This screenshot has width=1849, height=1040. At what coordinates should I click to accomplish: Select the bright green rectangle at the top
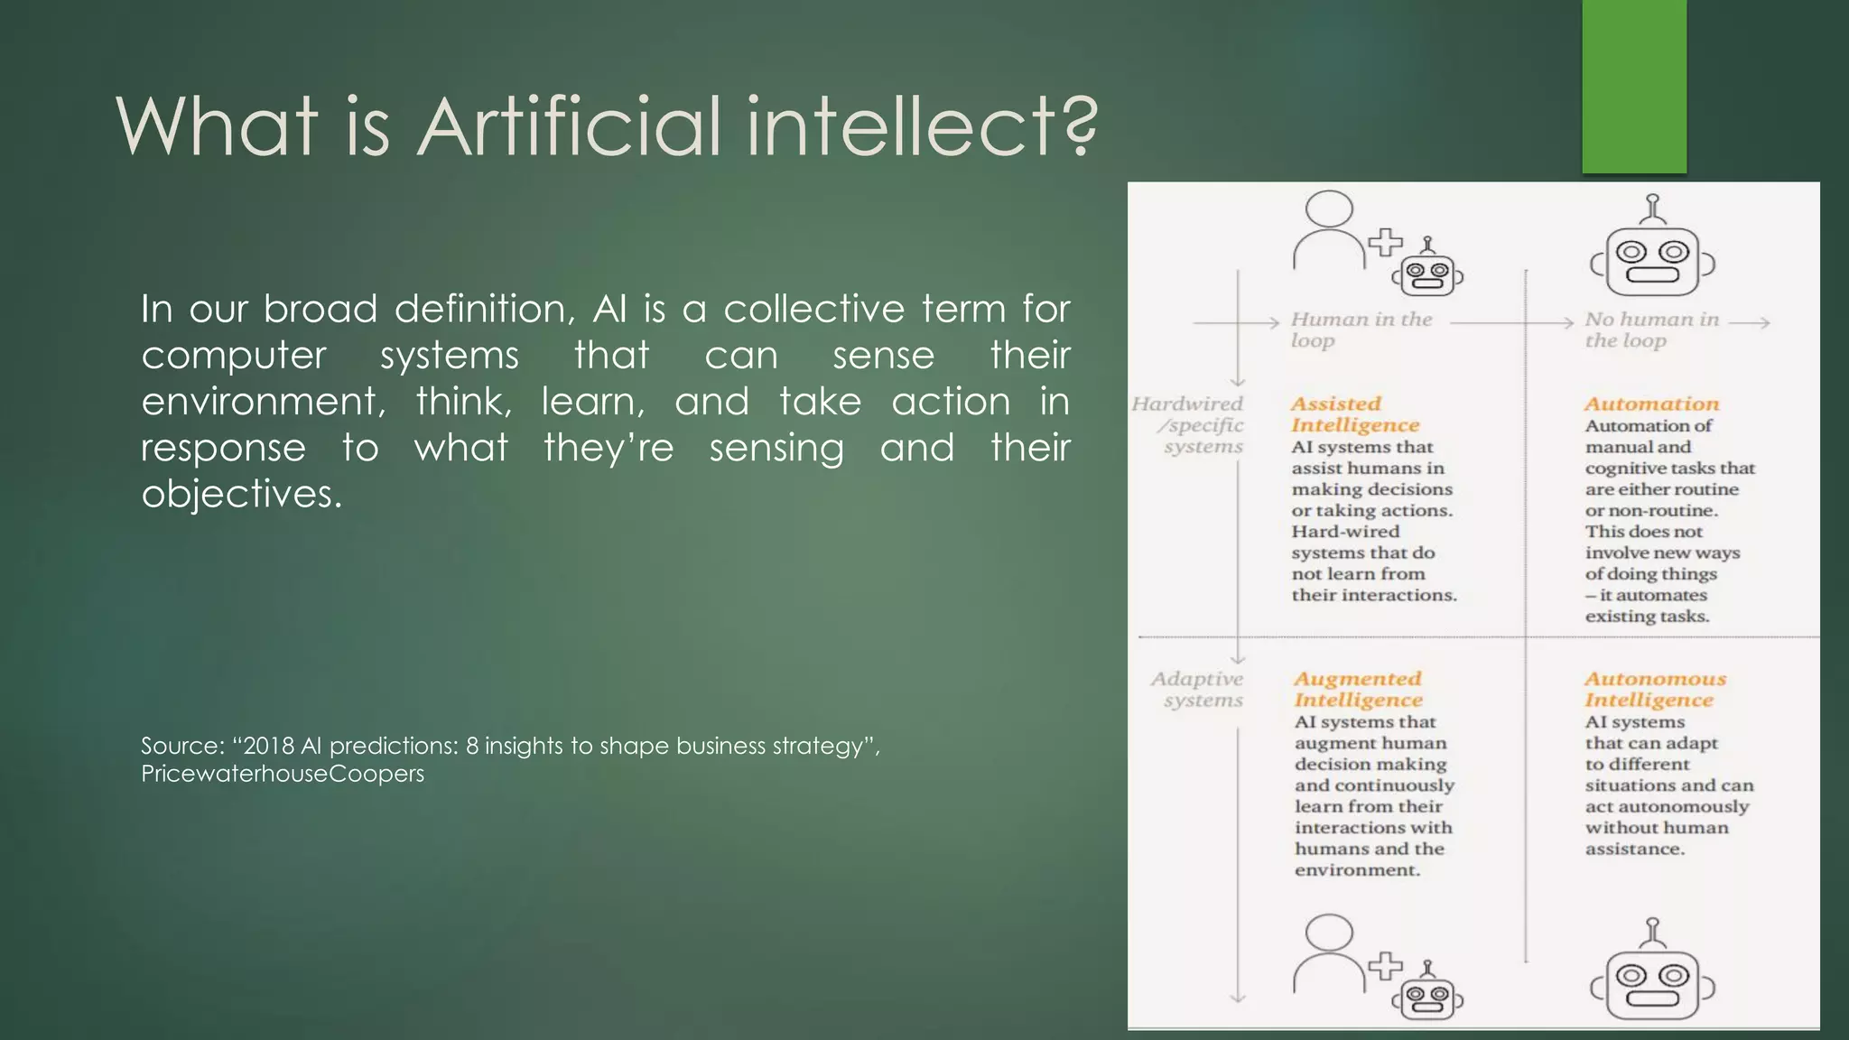coord(1634,87)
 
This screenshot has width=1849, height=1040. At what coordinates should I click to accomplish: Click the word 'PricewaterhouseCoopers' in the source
coord(283,774)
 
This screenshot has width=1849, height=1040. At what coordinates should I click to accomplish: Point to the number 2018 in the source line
coord(269,746)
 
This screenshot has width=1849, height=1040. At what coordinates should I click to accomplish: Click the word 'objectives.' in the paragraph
coord(242,494)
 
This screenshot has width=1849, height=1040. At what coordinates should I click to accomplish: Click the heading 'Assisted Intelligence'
coord(1354,414)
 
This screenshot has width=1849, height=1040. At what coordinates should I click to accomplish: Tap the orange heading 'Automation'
coord(1651,404)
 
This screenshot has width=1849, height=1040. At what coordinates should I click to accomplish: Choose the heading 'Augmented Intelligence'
coord(1358,689)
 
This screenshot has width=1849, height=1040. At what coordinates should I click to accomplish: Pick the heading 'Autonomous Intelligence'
coord(1655,689)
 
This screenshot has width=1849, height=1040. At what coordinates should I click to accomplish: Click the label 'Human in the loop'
coord(1361,330)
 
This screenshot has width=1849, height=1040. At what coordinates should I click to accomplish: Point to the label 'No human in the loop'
coord(1651,330)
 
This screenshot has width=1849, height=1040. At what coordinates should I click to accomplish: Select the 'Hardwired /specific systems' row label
coord(1190,424)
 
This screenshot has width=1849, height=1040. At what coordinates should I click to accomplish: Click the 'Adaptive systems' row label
coord(1197,689)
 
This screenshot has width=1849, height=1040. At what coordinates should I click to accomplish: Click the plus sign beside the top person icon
coord(1385,242)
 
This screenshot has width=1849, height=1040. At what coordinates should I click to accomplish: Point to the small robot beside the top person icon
coord(1427,270)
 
